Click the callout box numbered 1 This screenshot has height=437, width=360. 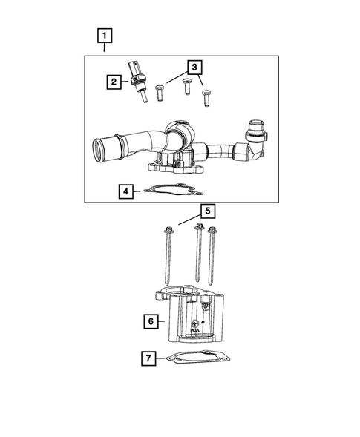tap(105, 36)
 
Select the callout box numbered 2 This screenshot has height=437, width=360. tap(114, 82)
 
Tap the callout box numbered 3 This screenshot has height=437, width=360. tap(194, 68)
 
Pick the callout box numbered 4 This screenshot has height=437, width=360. tap(125, 191)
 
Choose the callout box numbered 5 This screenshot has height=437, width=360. tap(208, 211)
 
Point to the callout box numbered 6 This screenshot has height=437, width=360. tap(151, 321)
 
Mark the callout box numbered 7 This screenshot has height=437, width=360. tap(148, 358)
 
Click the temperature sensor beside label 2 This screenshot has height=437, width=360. tap(137, 82)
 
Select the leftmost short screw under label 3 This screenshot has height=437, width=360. tap(159, 93)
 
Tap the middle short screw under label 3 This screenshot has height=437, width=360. tap(187, 87)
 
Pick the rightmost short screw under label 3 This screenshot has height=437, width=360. tap(206, 98)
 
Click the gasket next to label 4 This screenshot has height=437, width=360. tap(174, 189)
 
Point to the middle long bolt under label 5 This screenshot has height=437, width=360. tap(198, 253)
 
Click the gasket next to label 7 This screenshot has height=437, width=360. tap(198, 358)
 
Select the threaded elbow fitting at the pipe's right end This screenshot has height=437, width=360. tap(255, 140)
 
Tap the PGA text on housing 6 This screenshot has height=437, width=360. tap(194, 330)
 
